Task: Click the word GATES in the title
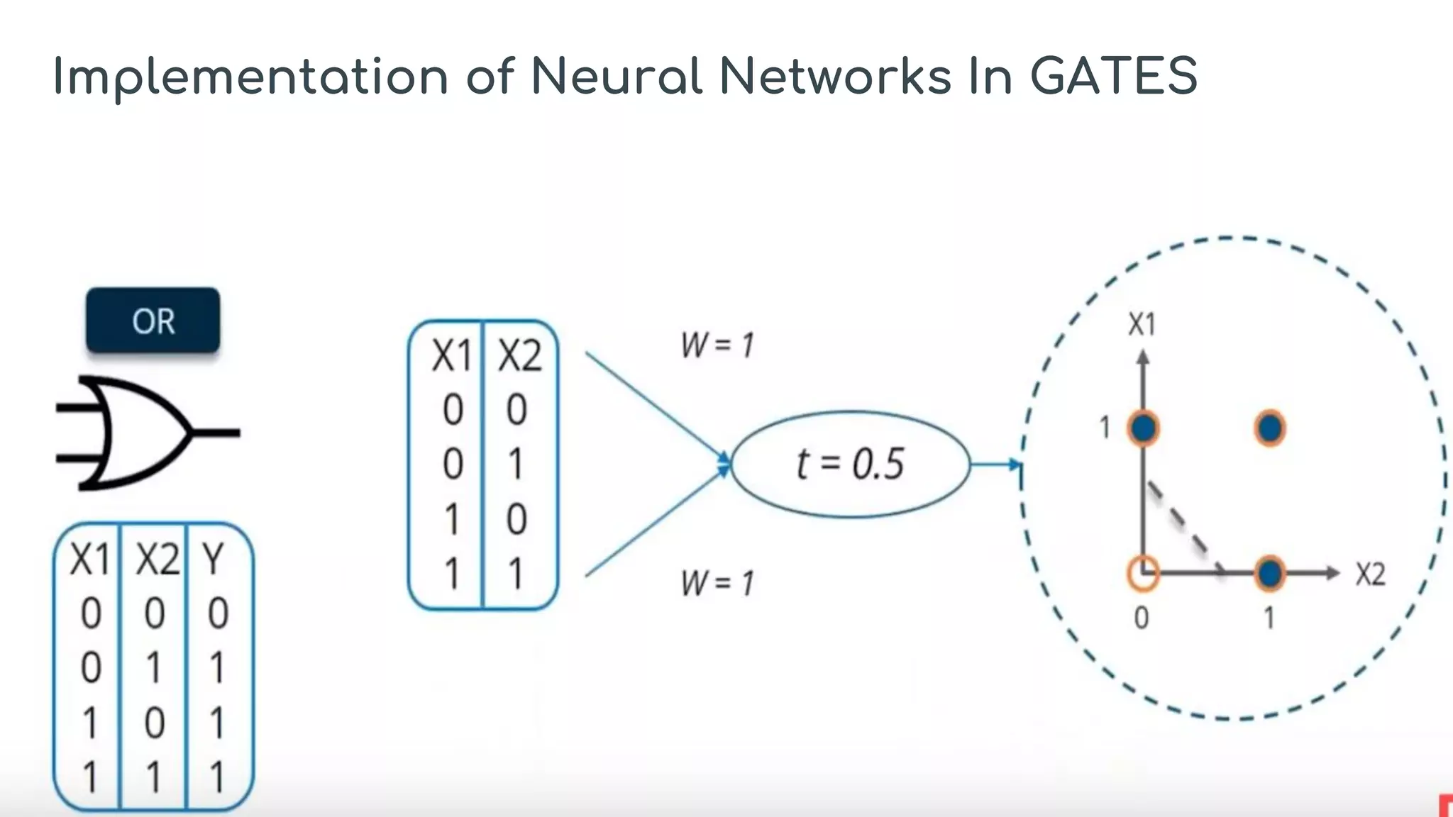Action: coord(1112,77)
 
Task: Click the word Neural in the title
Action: coord(616,77)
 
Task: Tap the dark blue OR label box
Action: coord(153,321)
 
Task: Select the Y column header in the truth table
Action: coord(214,559)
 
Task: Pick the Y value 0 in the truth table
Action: coord(218,613)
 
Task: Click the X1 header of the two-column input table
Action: coord(451,355)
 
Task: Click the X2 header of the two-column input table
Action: coord(519,355)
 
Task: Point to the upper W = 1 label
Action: coord(717,345)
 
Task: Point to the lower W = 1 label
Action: coord(717,583)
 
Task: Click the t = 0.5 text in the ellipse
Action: coord(850,465)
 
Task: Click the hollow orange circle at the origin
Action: coord(1143,573)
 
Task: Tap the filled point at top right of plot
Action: coord(1269,428)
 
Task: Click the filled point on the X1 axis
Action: coord(1143,428)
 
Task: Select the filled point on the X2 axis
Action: coord(1269,573)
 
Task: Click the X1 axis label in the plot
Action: coord(1142,325)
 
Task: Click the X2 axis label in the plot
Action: coord(1370,574)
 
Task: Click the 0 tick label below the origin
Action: coord(1141,618)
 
